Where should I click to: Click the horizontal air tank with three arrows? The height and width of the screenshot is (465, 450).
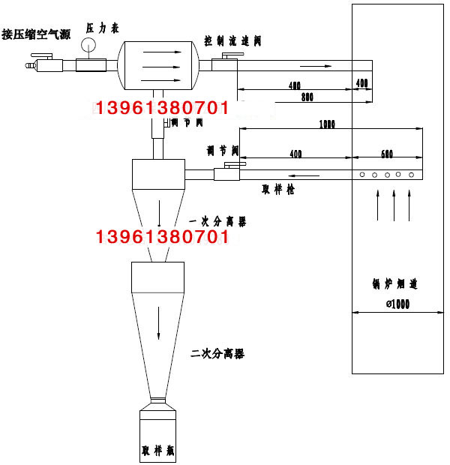(x=160, y=66)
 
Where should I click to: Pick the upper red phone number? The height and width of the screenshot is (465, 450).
(x=163, y=108)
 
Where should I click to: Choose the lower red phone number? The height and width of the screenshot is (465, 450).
(x=163, y=238)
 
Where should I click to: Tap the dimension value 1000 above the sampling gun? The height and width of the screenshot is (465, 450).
(x=326, y=124)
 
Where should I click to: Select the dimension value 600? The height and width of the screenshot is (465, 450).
(x=386, y=154)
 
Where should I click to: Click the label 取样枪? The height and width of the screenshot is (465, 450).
(x=277, y=190)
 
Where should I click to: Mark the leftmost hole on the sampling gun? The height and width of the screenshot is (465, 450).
(x=362, y=175)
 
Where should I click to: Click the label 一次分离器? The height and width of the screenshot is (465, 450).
(x=218, y=221)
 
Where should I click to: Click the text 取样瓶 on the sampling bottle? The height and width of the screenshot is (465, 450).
(x=158, y=451)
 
